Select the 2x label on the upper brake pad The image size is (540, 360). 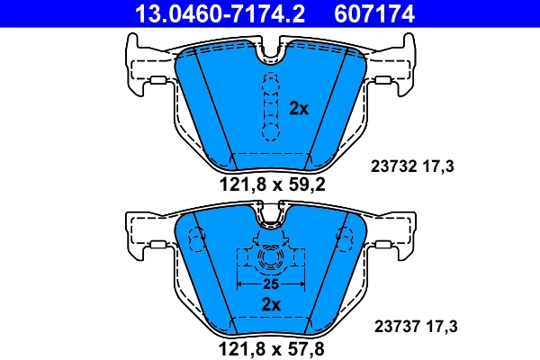click(299, 109)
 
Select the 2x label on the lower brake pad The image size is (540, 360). click(271, 303)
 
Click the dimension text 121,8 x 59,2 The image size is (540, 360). click(272, 186)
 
